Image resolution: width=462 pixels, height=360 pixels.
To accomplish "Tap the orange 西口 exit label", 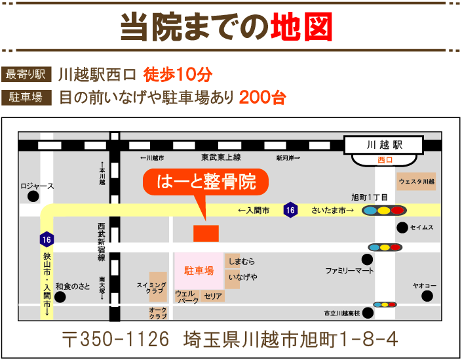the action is (384, 159).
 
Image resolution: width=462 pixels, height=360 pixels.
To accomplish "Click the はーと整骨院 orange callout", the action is (206, 182).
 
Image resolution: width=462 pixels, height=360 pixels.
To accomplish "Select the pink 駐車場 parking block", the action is (199, 271).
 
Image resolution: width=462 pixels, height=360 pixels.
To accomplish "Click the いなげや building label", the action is (242, 277).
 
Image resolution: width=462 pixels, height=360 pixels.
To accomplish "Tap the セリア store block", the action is (212, 296).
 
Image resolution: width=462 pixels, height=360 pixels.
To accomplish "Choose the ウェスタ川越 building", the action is (417, 181).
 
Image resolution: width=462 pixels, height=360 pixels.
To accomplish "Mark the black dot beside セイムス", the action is (401, 228).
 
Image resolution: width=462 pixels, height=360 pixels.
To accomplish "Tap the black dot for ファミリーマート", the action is (366, 260).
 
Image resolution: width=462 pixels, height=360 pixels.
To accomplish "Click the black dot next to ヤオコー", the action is (427, 296).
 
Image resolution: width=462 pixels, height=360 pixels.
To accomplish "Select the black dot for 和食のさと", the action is (60, 296).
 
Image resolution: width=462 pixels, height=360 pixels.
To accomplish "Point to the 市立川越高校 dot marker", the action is (367, 313).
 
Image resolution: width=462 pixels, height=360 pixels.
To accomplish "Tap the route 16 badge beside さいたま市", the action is (290, 210).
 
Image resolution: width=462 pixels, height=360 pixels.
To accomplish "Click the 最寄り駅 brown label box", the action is (27, 73).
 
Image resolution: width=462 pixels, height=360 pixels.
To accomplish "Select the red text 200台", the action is (262, 98).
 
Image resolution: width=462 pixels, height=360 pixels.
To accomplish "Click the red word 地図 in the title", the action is (301, 27).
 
